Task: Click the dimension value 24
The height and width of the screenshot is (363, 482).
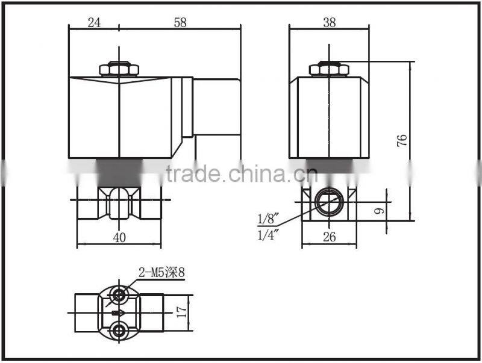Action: point(94,22)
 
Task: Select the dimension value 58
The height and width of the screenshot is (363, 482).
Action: point(180,22)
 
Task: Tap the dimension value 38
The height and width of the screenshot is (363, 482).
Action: point(329,22)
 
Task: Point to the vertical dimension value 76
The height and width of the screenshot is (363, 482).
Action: point(402,140)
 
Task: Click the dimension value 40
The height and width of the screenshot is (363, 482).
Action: point(119,237)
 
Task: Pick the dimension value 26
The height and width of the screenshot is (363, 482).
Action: point(329,237)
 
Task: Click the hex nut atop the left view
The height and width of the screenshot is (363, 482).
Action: point(119,69)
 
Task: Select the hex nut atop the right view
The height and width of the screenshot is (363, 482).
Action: point(329,69)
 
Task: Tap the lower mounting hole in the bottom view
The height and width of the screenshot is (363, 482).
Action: point(120,330)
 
